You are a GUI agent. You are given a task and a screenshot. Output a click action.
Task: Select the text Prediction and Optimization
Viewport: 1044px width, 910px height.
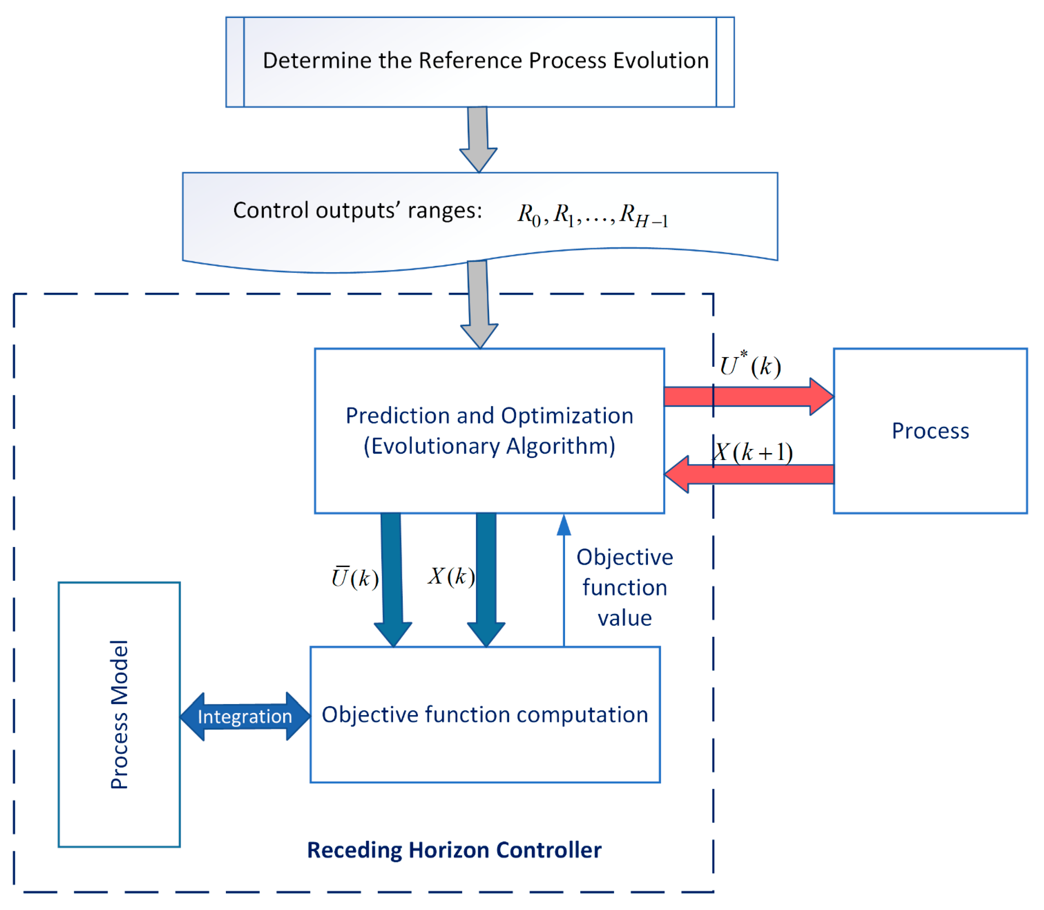tap(489, 416)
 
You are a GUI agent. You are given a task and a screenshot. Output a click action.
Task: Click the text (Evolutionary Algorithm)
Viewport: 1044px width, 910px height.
tap(489, 446)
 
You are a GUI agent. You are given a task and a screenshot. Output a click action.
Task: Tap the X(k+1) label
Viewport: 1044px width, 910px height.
tap(752, 452)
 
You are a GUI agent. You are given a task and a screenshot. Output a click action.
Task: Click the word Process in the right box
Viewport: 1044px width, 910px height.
tap(930, 431)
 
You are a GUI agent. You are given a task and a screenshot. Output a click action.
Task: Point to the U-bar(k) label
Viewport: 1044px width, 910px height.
tap(355, 577)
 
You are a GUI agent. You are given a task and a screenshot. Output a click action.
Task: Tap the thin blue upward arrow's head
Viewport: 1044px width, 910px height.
tap(564, 526)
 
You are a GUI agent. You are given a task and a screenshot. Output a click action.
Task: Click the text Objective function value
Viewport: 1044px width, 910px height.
tap(624, 588)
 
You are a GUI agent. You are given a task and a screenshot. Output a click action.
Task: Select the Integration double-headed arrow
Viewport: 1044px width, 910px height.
tap(245, 716)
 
